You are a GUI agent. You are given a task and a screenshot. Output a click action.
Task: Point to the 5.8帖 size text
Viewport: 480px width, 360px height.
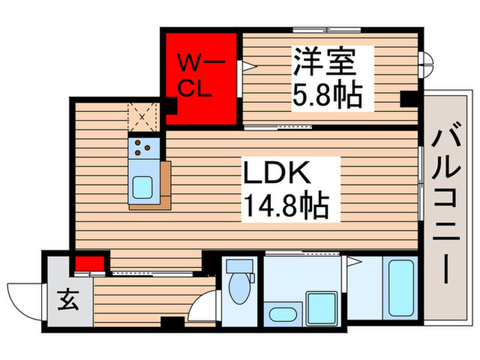[327, 95]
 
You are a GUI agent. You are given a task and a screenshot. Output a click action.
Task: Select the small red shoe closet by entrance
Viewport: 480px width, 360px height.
[90, 263]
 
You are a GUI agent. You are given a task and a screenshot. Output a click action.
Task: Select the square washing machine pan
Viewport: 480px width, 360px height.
[320, 307]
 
